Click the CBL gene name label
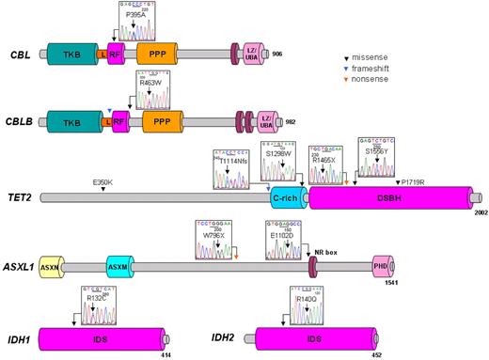coord(19,55)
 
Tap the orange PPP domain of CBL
coord(157,55)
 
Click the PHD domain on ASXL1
coord(382,268)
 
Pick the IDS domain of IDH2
coord(317,336)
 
